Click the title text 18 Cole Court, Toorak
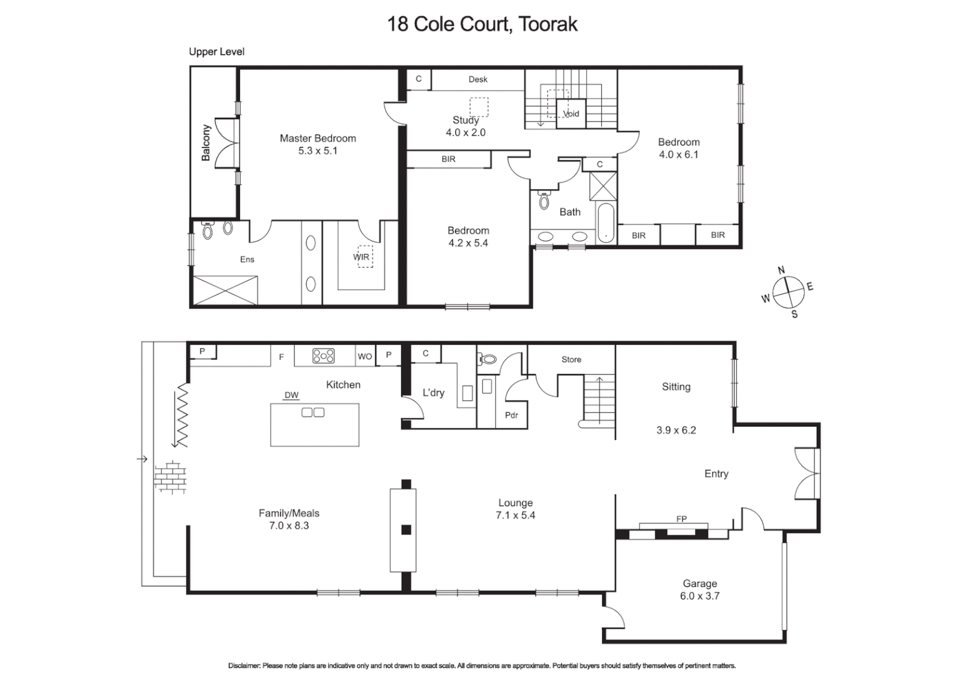482,25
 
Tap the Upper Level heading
216,52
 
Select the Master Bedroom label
318,138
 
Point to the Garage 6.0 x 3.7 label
700,590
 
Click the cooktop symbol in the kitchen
323,356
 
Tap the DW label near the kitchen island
291,395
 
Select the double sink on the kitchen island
313,412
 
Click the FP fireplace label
681,519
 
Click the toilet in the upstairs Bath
545,201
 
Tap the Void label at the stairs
571,114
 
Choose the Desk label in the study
478,79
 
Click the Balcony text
206,143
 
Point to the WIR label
361,257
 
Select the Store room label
571,359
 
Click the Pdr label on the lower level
511,415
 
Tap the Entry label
716,474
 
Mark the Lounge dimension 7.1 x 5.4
515,515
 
